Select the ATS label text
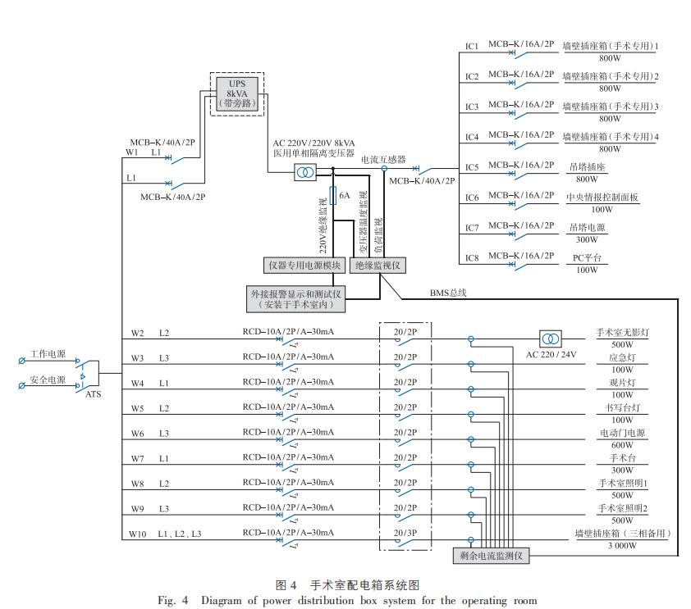click(x=94, y=394)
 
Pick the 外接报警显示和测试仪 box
click(x=296, y=298)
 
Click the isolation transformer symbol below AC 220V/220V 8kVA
click(x=304, y=172)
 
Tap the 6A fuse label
click(x=345, y=196)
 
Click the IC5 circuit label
click(x=472, y=167)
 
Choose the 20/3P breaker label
click(x=405, y=533)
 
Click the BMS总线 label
click(x=448, y=292)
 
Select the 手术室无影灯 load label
click(x=621, y=333)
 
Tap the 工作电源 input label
click(x=48, y=354)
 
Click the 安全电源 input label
click(x=48, y=379)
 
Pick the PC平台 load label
click(x=586, y=257)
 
